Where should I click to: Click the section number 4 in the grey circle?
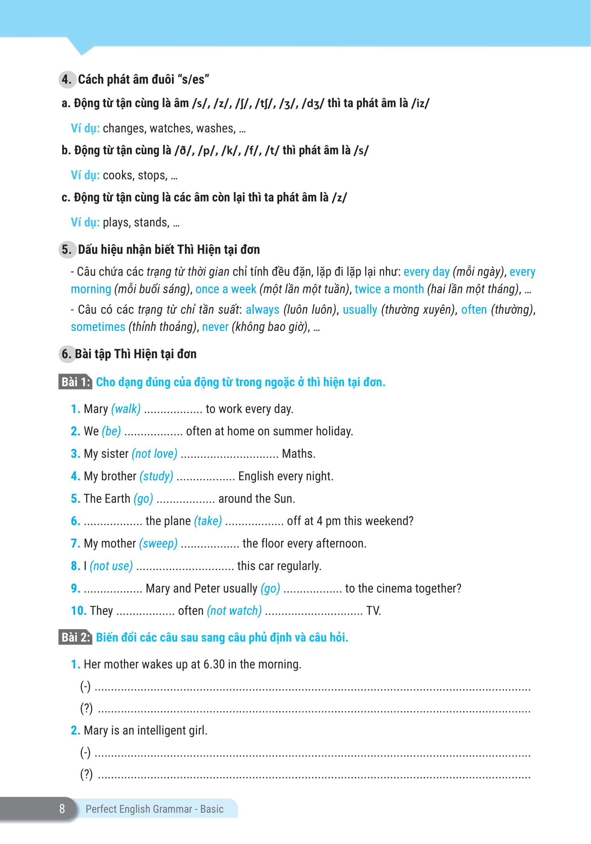67,79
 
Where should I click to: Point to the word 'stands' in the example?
151,223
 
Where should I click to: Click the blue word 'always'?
262,310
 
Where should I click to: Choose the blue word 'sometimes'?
98,327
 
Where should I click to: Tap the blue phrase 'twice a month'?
389,289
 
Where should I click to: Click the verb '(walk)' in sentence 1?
126,409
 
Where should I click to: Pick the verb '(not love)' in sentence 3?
154,454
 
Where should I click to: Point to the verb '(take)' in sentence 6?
208,521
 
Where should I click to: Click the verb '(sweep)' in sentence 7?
158,544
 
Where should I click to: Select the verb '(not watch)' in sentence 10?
234,611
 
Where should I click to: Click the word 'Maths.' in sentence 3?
298,454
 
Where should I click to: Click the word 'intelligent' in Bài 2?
161,731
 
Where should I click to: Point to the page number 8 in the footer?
62,809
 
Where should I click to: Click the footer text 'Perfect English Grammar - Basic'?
154,809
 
